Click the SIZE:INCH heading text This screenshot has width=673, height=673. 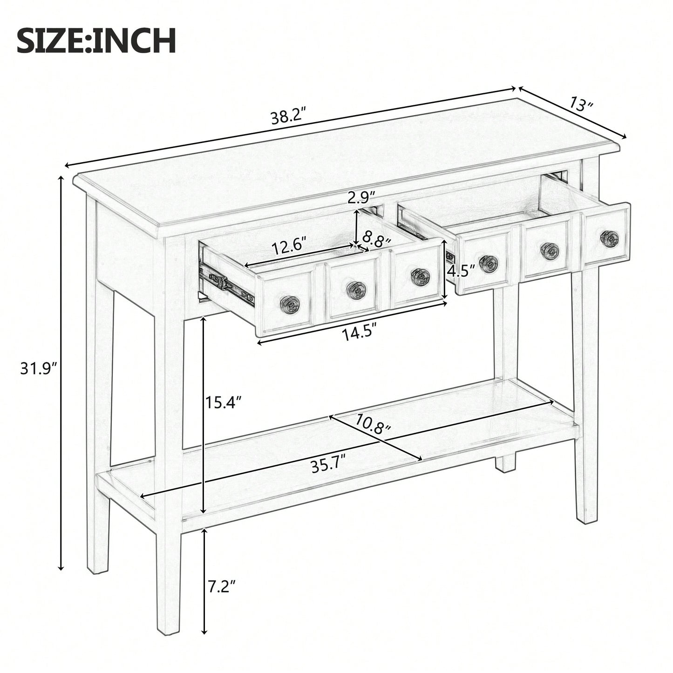tap(96, 41)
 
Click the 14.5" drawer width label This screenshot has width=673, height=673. tap(359, 333)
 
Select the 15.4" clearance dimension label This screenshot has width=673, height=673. tap(224, 401)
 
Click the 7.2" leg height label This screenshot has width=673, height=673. tap(222, 586)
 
